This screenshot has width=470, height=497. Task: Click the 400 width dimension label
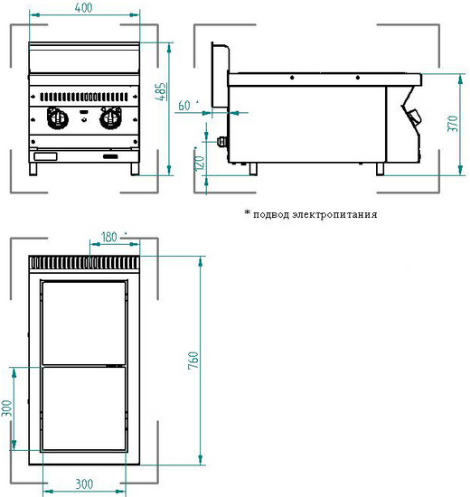click(84, 7)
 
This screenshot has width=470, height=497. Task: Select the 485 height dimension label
click(162, 91)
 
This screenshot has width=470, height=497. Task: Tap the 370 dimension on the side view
click(453, 124)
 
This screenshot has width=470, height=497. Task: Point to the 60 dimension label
click(184, 106)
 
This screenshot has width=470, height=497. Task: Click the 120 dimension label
click(200, 163)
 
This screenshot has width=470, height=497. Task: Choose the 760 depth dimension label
click(193, 360)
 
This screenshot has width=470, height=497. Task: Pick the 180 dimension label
click(108, 237)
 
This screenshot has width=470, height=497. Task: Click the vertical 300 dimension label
click(6, 408)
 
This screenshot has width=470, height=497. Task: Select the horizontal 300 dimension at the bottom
click(84, 484)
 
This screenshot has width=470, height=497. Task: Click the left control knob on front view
click(58, 117)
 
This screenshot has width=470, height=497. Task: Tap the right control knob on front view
click(110, 117)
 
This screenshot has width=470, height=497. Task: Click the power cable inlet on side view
click(222, 142)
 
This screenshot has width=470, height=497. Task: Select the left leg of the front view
click(33, 169)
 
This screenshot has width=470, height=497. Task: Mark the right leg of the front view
click(135, 169)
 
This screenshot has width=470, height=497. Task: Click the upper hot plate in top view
click(84, 323)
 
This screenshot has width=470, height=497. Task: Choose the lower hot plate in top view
click(84, 408)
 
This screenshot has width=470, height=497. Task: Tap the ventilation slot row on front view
click(84, 97)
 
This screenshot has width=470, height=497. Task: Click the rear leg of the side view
click(253, 169)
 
